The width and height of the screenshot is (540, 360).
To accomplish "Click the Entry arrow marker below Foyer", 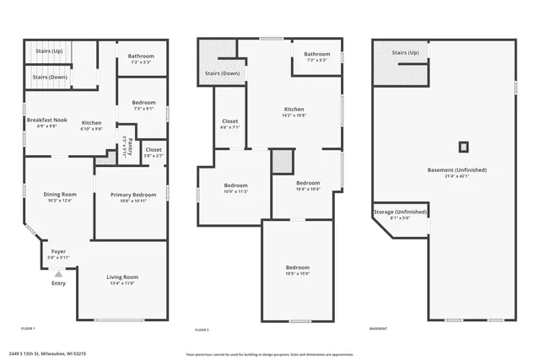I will pyautogui.click(x=58, y=274).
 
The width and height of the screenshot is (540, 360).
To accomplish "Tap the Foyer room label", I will pyautogui.click(x=58, y=251).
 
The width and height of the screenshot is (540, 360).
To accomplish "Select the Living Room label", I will pyautogui.click(x=121, y=277).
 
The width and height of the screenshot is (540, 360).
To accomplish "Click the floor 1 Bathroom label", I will pyautogui.click(x=142, y=56).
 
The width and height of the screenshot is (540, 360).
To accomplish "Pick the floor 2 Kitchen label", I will pyautogui.click(x=294, y=110).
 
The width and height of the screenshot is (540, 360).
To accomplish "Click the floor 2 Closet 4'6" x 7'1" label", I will pyautogui.click(x=229, y=121).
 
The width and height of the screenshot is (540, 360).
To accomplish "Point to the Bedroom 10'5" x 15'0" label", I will pyautogui.click(x=298, y=267).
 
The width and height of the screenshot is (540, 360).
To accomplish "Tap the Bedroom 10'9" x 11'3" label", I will pyautogui.click(x=235, y=185).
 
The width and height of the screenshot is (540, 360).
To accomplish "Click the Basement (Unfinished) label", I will pyautogui.click(x=457, y=169).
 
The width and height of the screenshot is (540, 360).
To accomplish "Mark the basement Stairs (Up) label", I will pyautogui.click(x=405, y=53).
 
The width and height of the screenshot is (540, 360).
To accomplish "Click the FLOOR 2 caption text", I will pyautogui.click(x=202, y=329).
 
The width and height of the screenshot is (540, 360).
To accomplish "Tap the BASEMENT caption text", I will pyautogui.click(x=378, y=329).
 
